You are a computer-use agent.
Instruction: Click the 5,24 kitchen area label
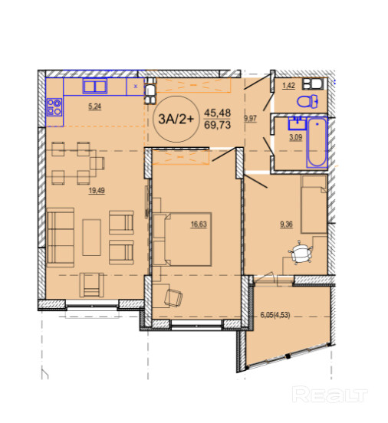(x=94, y=107)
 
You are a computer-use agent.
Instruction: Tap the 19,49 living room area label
(x=97, y=191)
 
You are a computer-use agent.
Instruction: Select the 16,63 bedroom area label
(x=199, y=225)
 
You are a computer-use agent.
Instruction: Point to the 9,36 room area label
(x=286, y=225)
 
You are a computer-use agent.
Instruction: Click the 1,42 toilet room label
(x=288, y=86)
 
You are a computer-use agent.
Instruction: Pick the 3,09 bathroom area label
(x=296, y=137)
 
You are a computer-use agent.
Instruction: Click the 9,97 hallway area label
(x=250, y=119)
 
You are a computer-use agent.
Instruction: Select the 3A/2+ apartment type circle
(x=176, y=119)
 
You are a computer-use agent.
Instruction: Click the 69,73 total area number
(x=217, y=125)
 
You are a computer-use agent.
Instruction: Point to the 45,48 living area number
(x=217, y=113)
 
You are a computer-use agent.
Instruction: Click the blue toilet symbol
(x=307, y=101)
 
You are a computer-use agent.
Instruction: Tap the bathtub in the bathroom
(x=317, y=143)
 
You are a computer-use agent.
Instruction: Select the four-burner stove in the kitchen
(x=54, y=107)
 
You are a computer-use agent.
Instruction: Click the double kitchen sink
(x=95, y=86)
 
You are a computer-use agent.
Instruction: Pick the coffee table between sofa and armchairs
(x=91, y=237)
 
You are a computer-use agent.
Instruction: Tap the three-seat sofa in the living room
(x=61, y=238)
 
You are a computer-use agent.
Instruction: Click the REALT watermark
(x=330, y=395)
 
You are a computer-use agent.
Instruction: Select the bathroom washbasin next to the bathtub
(x=297, y=123)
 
